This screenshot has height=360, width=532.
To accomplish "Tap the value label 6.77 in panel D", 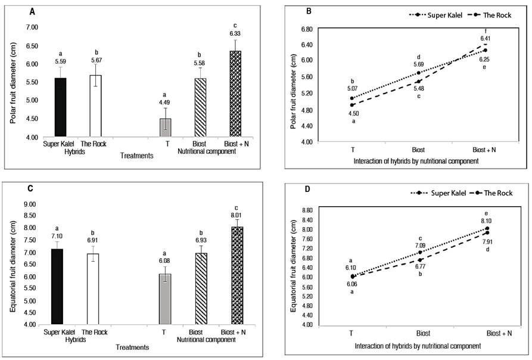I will pos(419,267).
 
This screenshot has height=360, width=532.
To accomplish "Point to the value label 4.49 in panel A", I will pos(164,101).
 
